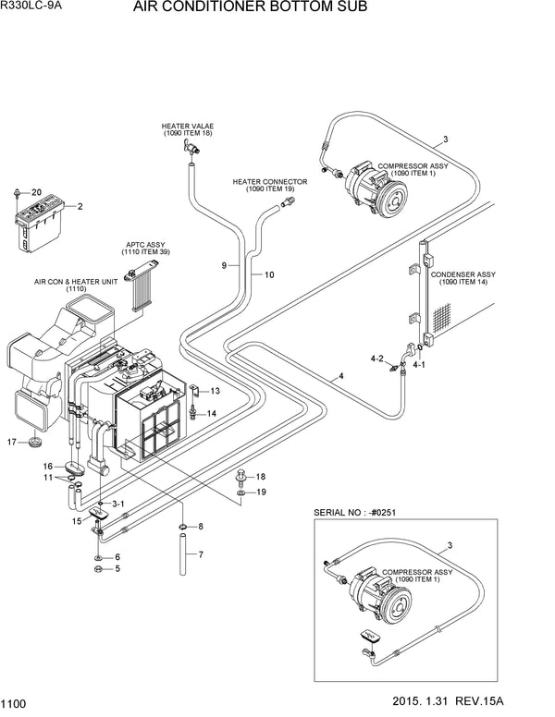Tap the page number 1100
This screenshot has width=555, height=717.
point(15,703)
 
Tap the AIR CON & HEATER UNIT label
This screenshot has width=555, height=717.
point(75,284)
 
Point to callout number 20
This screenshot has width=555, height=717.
point(37,192)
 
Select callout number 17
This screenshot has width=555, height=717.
point(13,442)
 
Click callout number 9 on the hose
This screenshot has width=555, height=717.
point(224,266)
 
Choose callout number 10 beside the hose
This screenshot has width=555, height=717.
point(269,275)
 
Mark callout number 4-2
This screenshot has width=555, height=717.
point(376,357)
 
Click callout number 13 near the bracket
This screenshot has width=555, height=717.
point(214,391)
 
